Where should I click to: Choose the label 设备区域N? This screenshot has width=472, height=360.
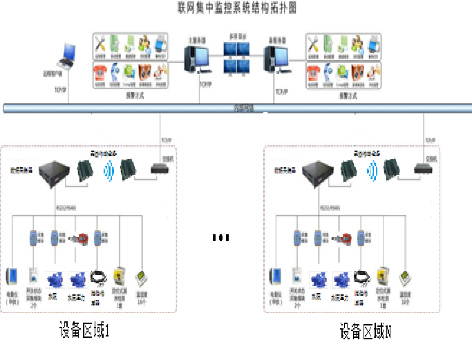[x=366, y=332]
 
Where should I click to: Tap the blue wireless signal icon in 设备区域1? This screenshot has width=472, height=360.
[x=108, y=170]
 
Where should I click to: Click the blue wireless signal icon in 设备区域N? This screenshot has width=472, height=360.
[x=371, y=170]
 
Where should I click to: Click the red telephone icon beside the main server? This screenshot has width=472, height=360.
[x=102, y=72]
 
